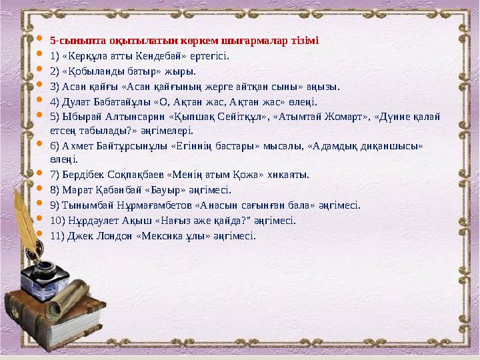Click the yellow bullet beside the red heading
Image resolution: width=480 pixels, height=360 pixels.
click(39, 40)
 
